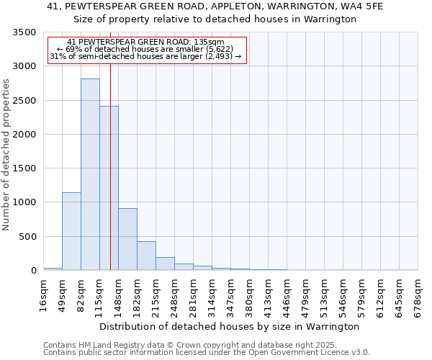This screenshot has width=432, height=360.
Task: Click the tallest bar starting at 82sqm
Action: [x=90, y=174]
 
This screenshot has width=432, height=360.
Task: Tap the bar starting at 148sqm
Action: [x=127, y=239]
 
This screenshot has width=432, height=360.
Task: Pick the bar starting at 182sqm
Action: [x=146, y=256]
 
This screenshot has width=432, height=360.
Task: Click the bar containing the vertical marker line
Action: [x=109, y=188]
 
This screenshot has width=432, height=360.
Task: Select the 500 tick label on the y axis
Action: [x=27, y=237]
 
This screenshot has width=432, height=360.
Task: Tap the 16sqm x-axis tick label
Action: [x=44, y=294]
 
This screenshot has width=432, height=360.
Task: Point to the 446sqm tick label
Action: [x=287, y=296]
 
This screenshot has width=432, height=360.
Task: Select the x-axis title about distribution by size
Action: [x=230, y=327]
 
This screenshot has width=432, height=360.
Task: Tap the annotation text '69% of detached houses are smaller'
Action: [x=146, y=50]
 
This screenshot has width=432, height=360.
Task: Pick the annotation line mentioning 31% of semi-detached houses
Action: [x=146, y=56]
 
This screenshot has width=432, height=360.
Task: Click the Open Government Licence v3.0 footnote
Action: [x=207, y=353]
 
